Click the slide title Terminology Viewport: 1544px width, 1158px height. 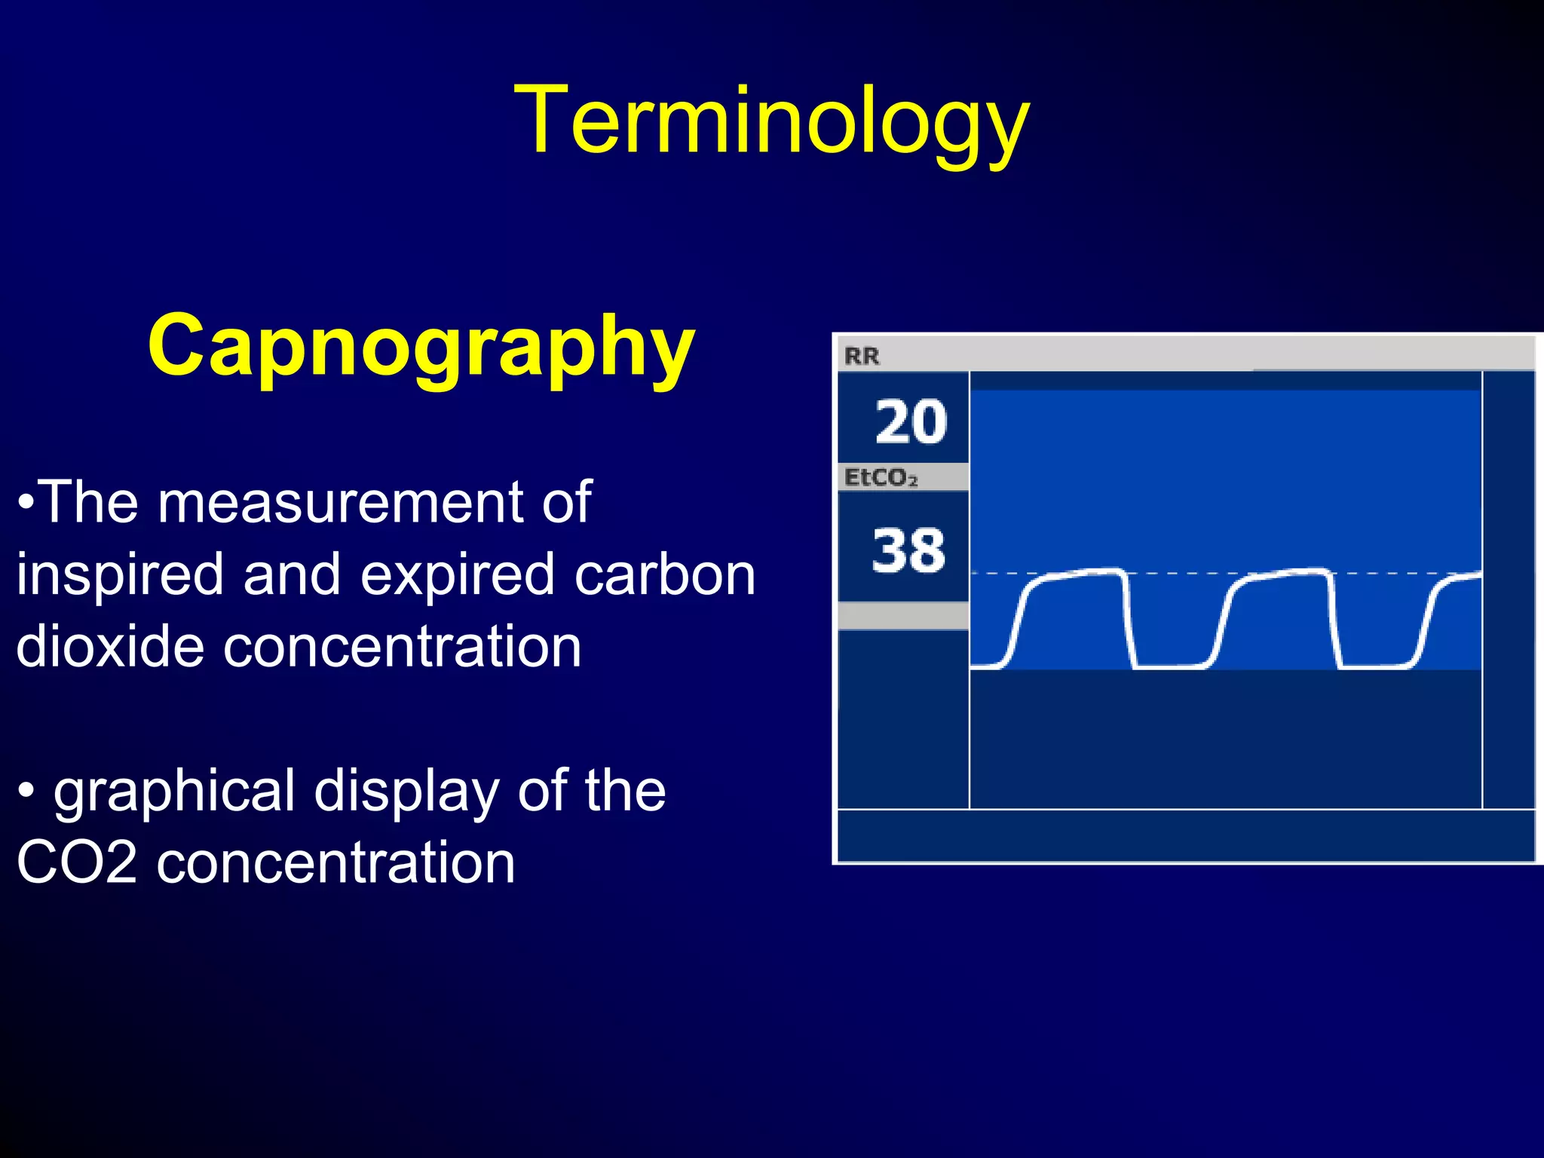(x=771, y=121)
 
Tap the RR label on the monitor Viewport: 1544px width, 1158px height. (x=861, y=356)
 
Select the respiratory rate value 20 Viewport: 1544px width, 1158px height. (x=911, y=421)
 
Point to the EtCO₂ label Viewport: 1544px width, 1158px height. (x=880, y=478)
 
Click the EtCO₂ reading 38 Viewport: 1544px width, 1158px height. (x=908, y=550)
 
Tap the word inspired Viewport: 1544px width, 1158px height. (x=120, y=574)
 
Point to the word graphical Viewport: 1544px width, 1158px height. (x=173, y=791)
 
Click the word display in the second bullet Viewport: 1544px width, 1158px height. (x=407, y=791)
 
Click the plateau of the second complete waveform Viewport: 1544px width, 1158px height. (x=1285, y=574)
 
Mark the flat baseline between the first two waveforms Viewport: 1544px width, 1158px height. (x=1169, y=666)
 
